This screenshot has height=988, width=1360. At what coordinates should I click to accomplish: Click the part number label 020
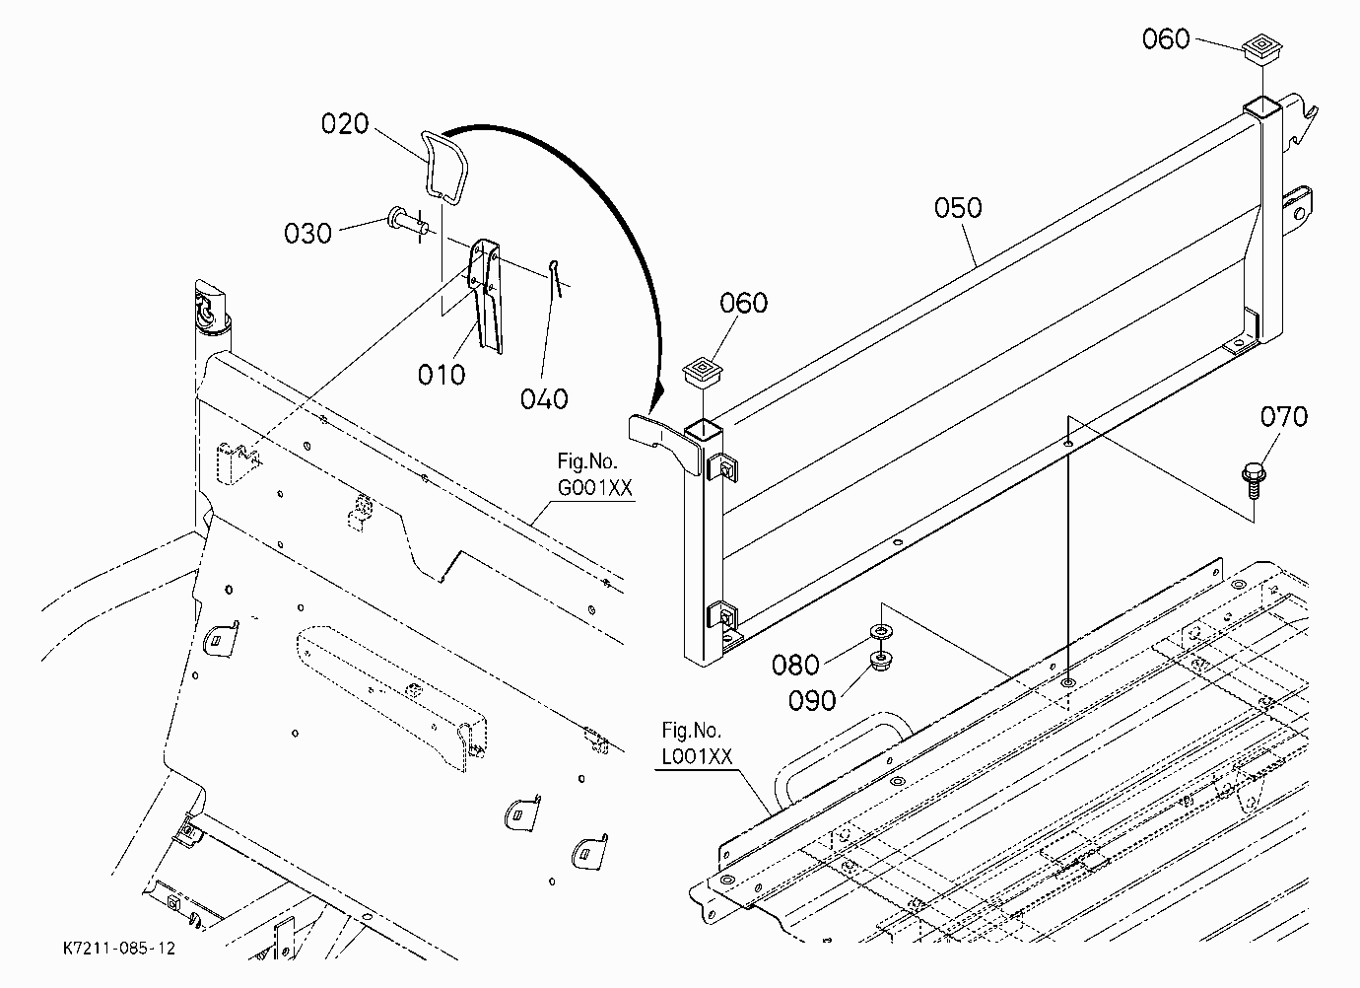pyautogui.click(x=345, y=124)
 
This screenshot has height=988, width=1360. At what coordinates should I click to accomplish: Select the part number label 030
pyautogui.click(x=307, y=234)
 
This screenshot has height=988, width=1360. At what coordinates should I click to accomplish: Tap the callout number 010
pyautogui.click(x=442, y=375)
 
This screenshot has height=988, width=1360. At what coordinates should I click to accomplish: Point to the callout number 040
pyautogui.click(x=544, y=399)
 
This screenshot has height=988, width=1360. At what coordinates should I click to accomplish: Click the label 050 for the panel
pyautogui.click(x=958, y=208)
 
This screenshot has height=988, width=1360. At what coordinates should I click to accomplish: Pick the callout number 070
pyautogui.click(x=1284, y=417)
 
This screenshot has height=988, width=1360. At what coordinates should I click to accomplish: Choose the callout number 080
pyautogui.click(x=795, y=666)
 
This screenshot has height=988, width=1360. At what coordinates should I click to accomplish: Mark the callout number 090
pyautogui.click(x=812, y=701)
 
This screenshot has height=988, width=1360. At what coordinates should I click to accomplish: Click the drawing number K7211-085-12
pyautogui.click(x=119, y=949)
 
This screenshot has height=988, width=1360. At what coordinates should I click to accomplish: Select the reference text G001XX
pyautogui.click(x=595, y=488)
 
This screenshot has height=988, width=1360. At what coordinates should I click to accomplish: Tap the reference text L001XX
pyautogui.click(x=697, y=756)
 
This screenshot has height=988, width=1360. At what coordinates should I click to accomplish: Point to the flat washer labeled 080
pyautogui.click(x=881, y=632)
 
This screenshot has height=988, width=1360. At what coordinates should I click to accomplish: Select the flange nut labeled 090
pyautogui.click(x=880, y=661)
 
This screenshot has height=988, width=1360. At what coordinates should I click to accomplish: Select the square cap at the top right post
pyautogui.click(x=1262, y=48)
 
